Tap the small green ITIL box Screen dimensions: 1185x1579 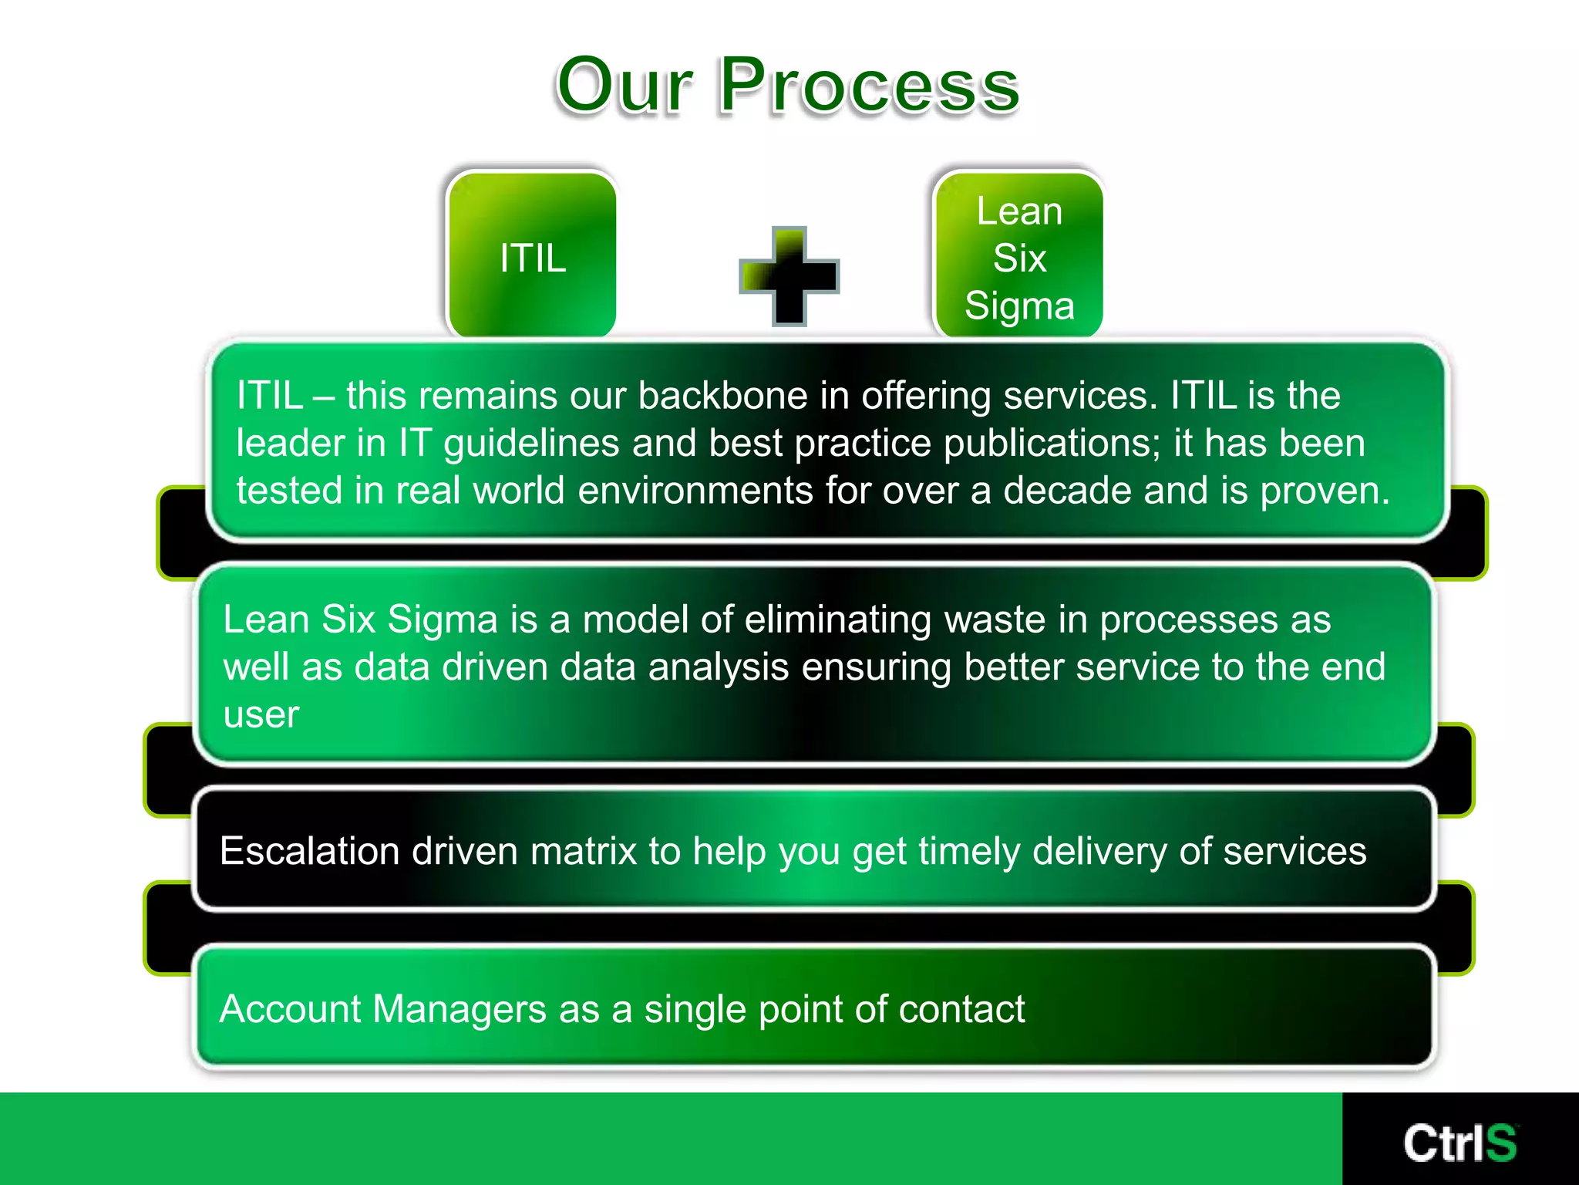point(532,256)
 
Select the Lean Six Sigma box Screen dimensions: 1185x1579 point(1018,256)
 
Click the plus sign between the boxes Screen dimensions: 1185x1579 point(789,276)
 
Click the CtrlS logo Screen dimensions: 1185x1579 point(1459,1143)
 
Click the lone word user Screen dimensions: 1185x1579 point(261,715)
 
